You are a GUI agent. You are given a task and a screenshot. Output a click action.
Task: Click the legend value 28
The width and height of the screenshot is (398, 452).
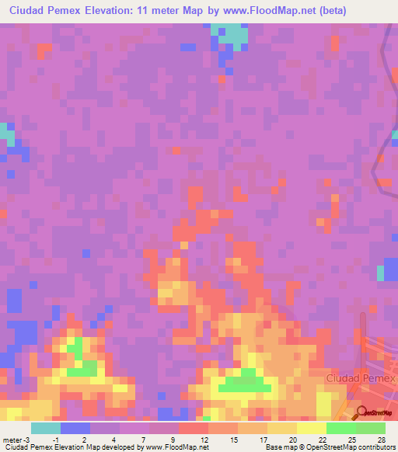(382, 440)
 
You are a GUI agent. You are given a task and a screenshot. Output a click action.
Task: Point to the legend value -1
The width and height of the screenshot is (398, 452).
(55, 440)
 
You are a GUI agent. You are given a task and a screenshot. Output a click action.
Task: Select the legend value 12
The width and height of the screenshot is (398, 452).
(204, 440)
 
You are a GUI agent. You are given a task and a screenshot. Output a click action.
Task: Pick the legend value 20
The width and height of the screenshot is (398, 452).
(293, 440)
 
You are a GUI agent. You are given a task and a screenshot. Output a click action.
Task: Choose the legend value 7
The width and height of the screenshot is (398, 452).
(145, 440)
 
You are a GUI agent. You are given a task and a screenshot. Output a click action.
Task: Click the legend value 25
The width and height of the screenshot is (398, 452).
(352, 440)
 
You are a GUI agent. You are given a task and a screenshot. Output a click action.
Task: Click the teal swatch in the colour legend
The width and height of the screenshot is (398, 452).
(46, 428)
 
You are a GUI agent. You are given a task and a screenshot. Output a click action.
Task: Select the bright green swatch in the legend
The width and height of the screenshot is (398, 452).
(340, 428)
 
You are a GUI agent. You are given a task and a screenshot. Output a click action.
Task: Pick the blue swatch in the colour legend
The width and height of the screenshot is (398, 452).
(75, 428)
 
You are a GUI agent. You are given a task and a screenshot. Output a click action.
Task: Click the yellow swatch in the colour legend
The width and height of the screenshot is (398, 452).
(281, 428)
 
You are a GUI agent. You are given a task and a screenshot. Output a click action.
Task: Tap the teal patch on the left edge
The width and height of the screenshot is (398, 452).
(7, 133)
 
